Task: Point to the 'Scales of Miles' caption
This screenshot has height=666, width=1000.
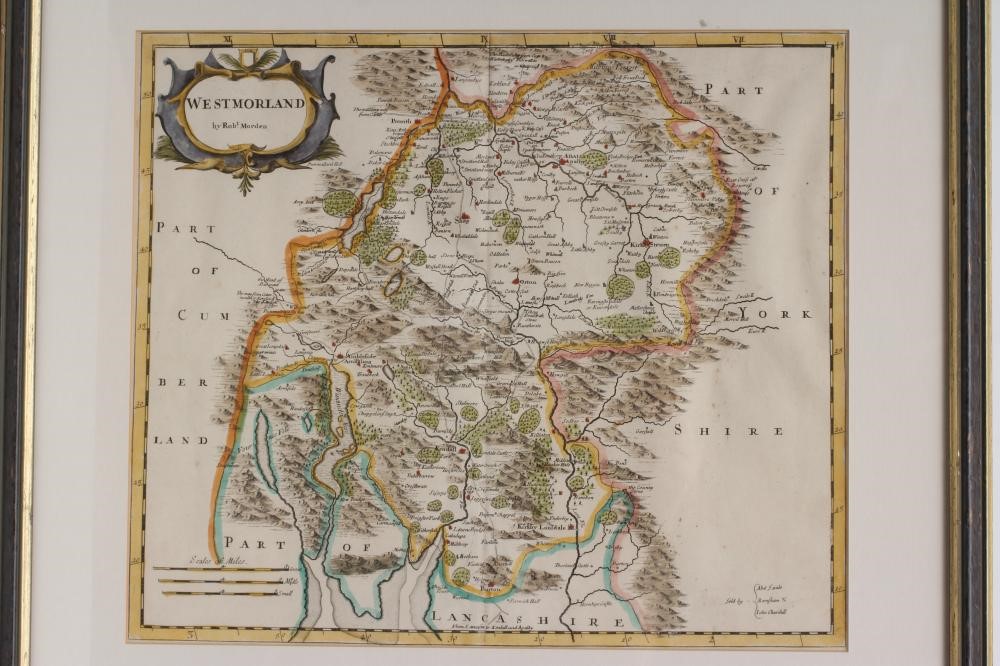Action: [x=191, y=562]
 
